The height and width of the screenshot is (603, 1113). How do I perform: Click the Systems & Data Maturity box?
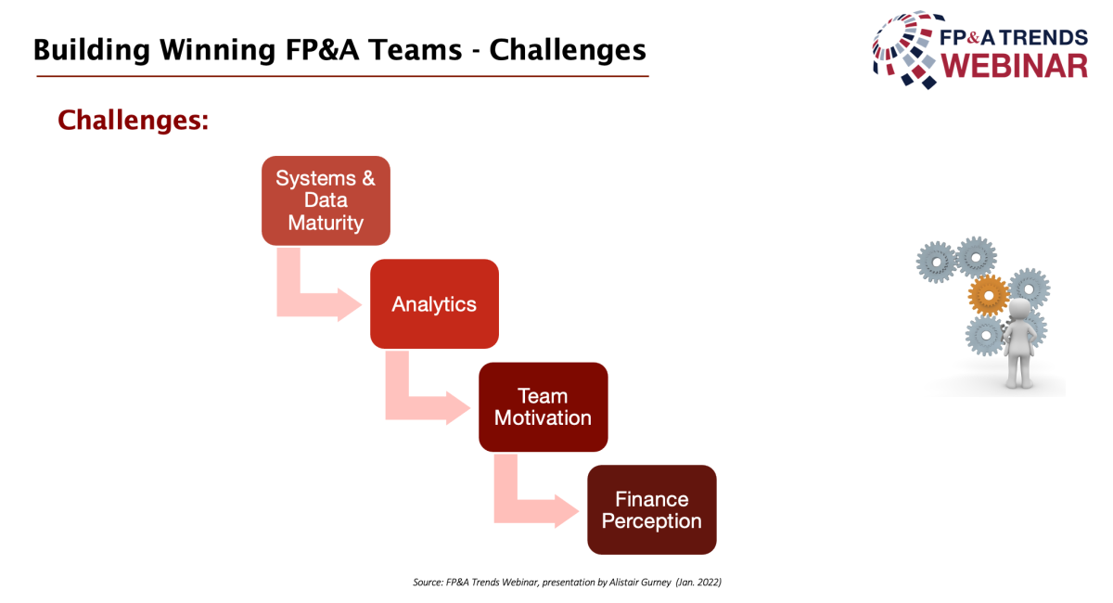pos(326,200)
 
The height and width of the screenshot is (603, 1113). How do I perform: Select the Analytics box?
pos(434,303)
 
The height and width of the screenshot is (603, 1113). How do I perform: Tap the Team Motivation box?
pos(544,407)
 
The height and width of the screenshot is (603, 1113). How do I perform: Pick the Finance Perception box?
pos(652,510)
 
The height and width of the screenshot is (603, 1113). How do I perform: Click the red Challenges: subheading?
pos(134,121)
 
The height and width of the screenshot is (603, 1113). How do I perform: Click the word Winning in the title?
pos(218,50)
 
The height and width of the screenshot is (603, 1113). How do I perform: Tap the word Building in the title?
pos(92,50)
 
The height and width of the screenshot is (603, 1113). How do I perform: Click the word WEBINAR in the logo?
pos(1014,66)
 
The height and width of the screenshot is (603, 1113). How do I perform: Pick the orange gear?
pos(989,295)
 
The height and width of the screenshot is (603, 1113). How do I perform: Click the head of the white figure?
pos(1019,310)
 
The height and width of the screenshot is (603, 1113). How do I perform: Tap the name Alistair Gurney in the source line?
pos(640,582)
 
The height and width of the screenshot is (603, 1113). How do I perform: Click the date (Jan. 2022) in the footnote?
pos(698,582)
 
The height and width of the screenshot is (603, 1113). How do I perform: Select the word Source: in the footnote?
pos(428,582)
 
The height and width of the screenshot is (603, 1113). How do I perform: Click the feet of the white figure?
pos(1019,383)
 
